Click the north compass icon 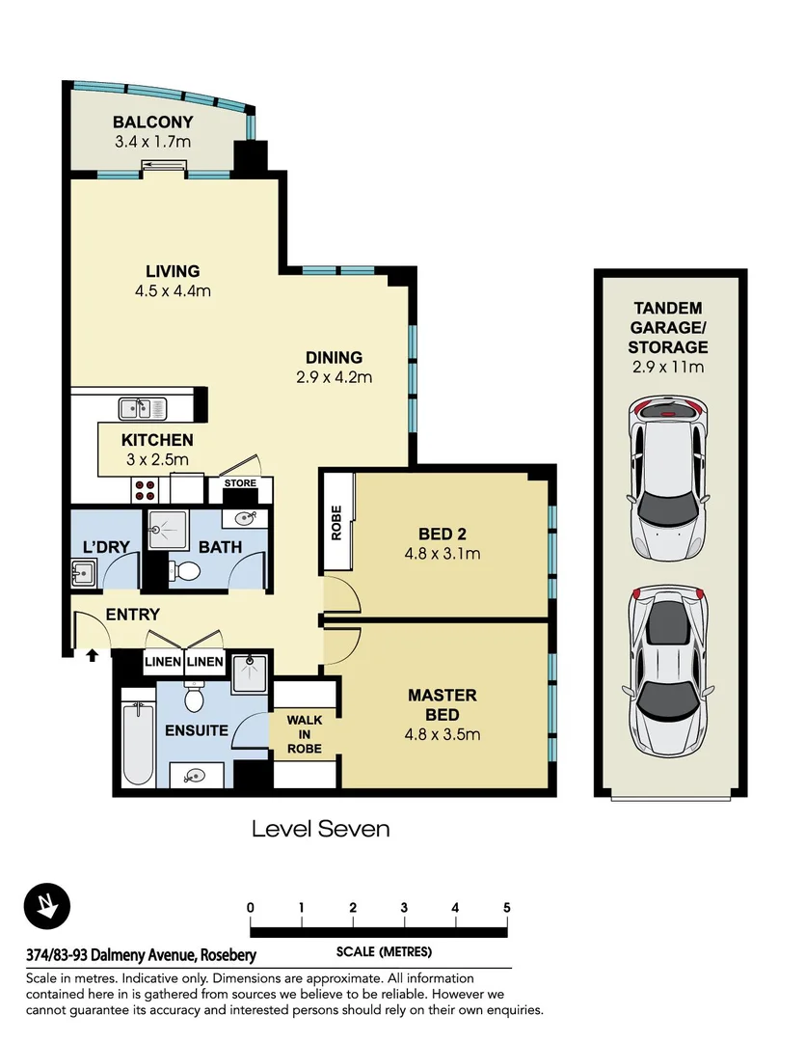pyautogui.click(x=46, y=905)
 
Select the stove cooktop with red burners pyautogui.click(x=146, y=490)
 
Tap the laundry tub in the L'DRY pyautogui.click(x=84, y=572)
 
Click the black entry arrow pyautogui.click(x=93, y=655)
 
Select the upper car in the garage pyautogui.click(x=668, y=480)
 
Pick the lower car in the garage pyautogui.click(x=668, y=672)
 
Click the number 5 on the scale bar pyautogui.click(x=507, y=907)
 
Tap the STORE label pyautogui.click(x=240, y=483)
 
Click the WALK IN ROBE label pyautogui.click(x=305, y=733)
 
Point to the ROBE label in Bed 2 pyautogui.click(x=336, y=523)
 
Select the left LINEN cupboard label pyautogui.click(x=163, y=661)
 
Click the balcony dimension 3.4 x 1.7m pyautogui.click(x=152, y=142)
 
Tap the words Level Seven pyautogui.click(x=321, y=829)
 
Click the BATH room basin pyautogui.click(x=245, y=518)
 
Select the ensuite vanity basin pyautogui.click(x=196, y=775)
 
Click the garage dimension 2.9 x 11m pyautogui.click(x=668, y=367)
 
